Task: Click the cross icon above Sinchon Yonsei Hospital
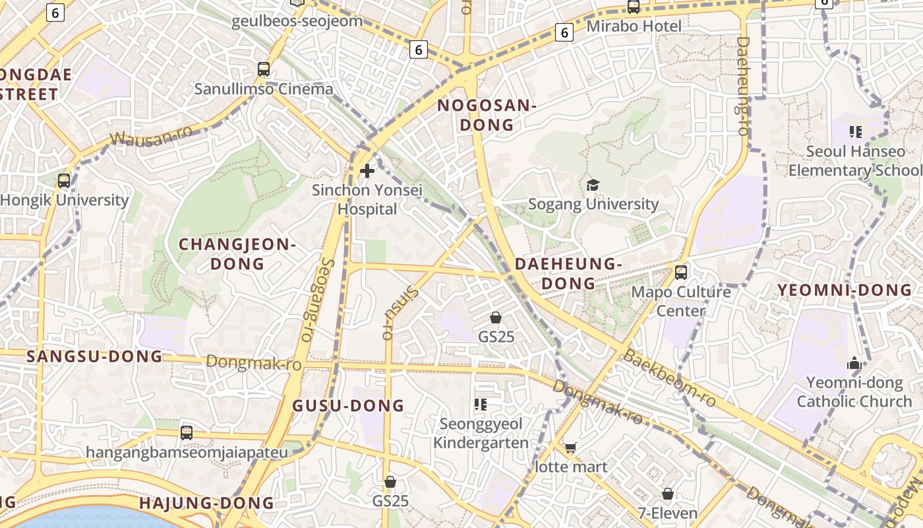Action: (367, 171)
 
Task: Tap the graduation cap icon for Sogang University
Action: (593, 185)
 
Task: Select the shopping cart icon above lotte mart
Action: (570, 448)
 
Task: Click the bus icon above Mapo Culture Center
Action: (681, 272)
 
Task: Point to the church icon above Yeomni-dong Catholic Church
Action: (854, 363)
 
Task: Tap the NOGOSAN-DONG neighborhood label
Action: (487, 115)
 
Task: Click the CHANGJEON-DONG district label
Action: (237, 254)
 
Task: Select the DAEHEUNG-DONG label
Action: (568, 273)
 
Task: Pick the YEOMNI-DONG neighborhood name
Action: (844, 290)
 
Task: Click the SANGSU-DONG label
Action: (94, 356)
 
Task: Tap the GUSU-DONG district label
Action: (348, 406)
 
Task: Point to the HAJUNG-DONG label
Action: (206, 503)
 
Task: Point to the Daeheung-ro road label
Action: (743, 86)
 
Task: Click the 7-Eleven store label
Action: (667, 513)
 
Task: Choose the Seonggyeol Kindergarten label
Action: (481, 433)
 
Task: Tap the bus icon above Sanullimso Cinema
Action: (264, 69)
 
